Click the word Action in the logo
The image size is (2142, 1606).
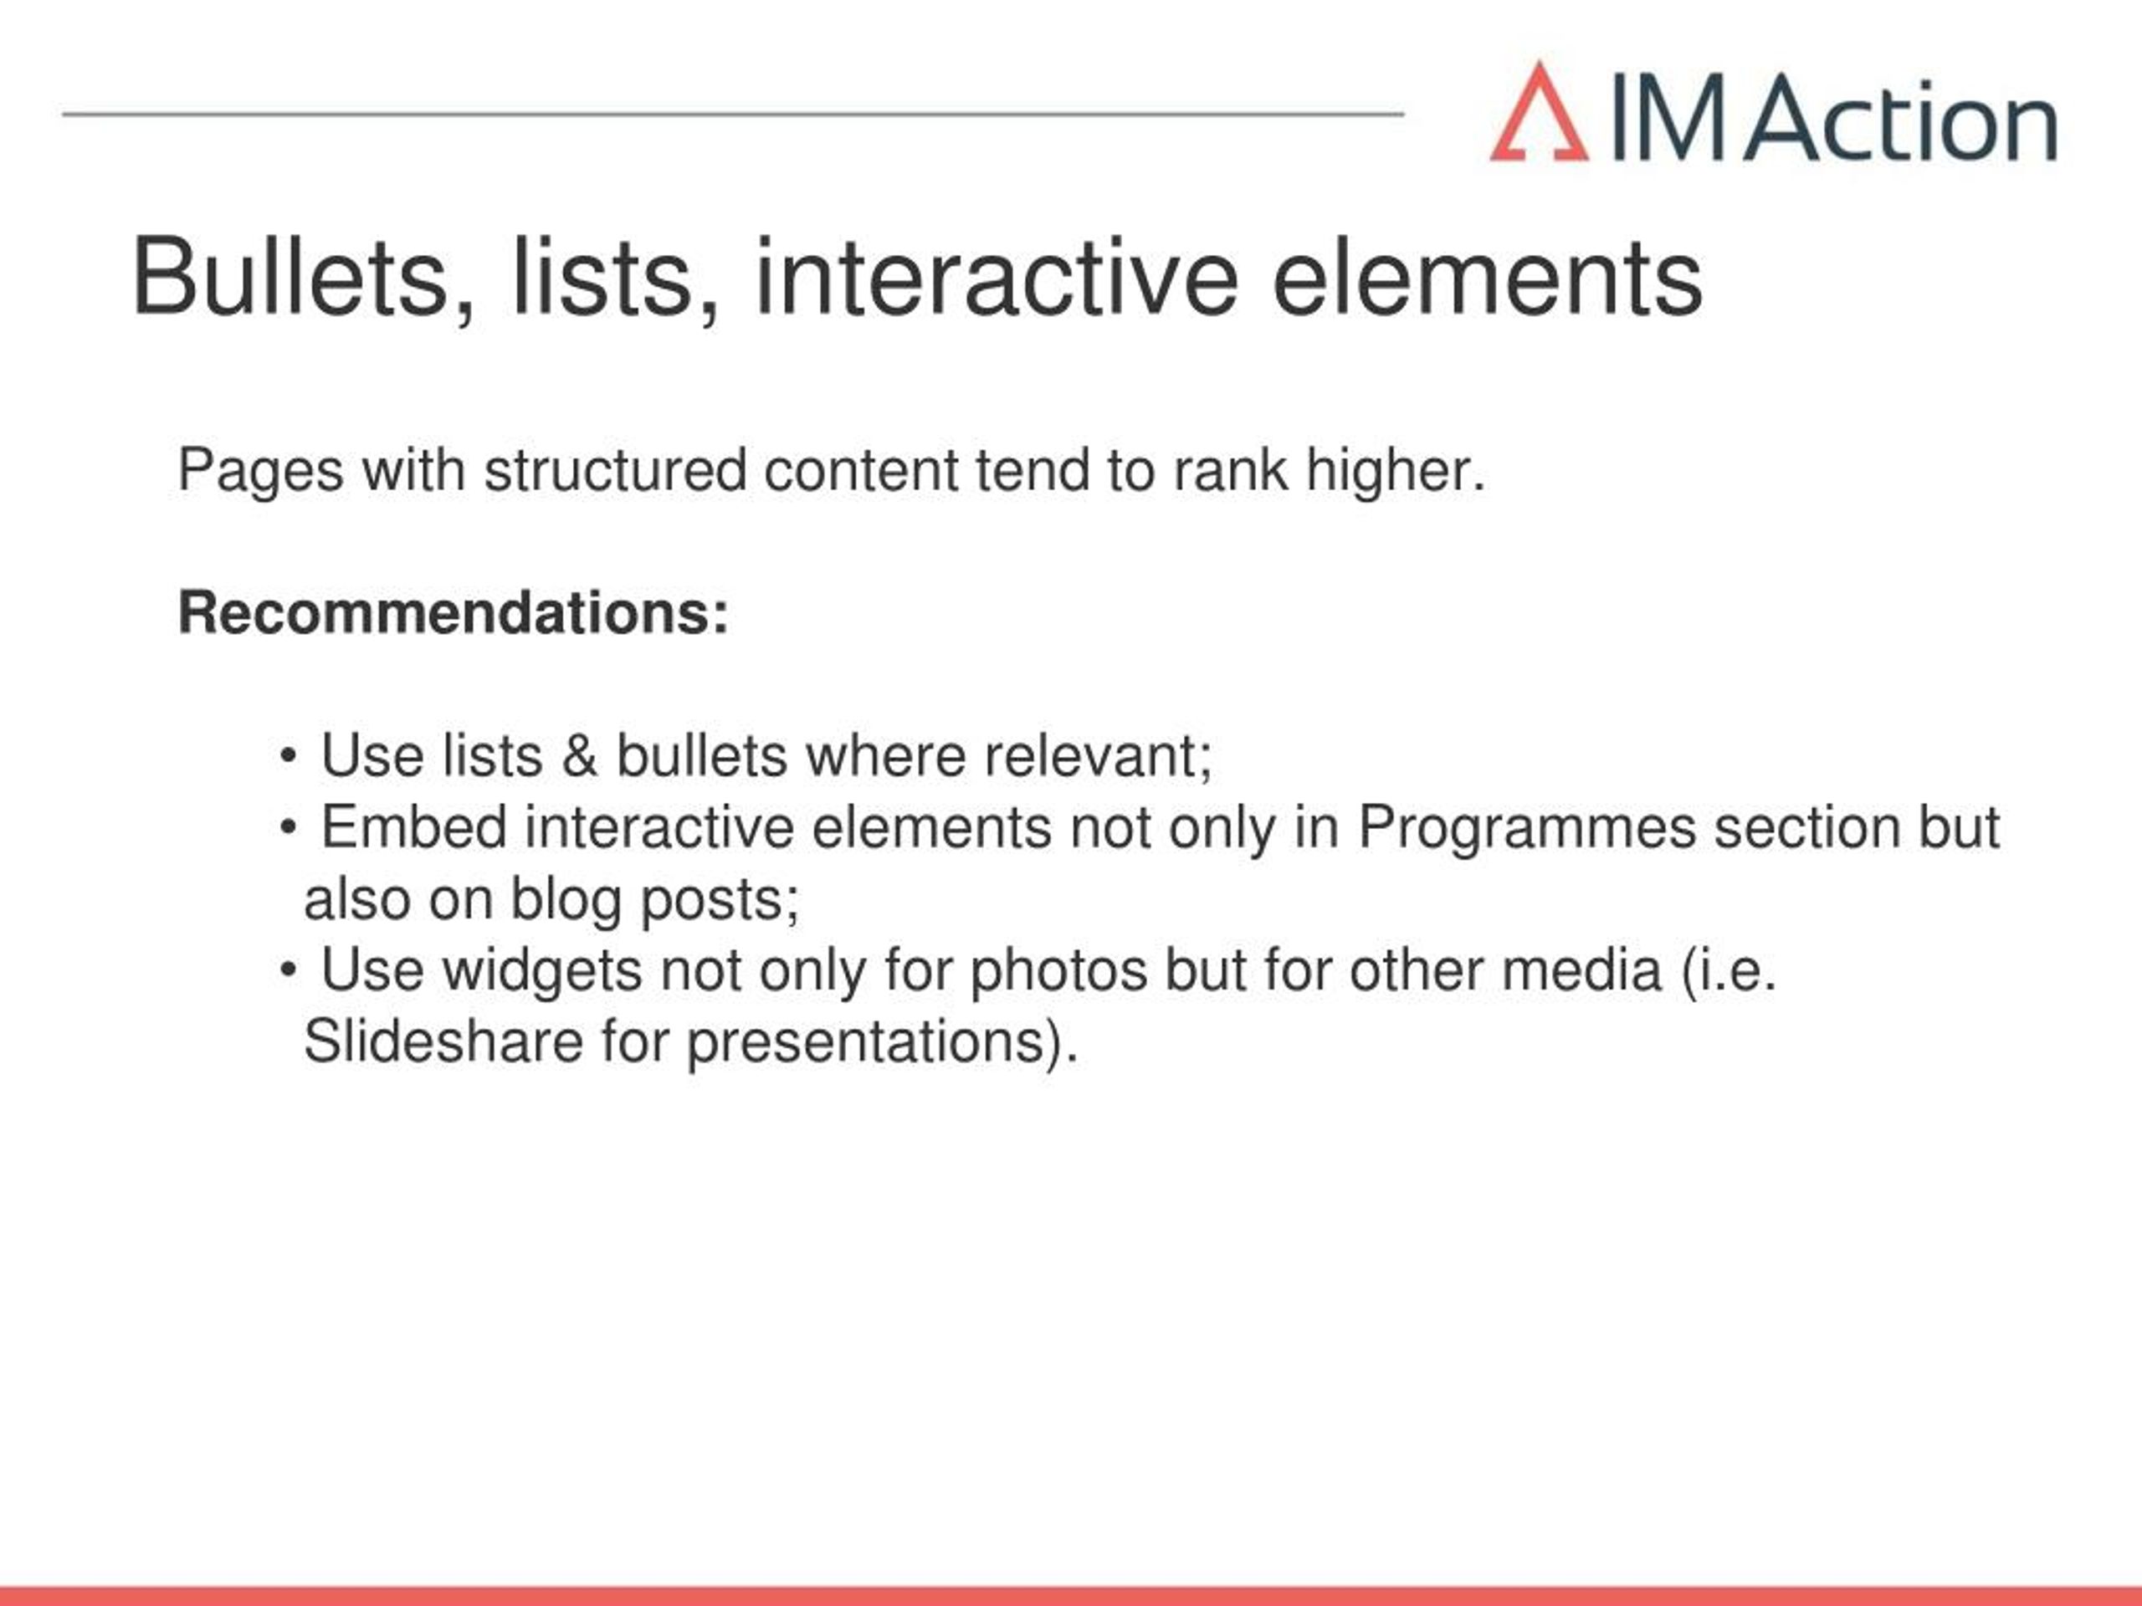pos(1901,120)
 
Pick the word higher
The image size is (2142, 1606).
pos(1396,472)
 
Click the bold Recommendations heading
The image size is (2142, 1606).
pos(454,613)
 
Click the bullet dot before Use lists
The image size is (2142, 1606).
pos(288,756)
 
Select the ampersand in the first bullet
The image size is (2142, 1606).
pos(579,756)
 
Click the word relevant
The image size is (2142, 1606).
pos(1098,756)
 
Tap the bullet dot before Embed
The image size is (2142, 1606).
pos(288,828)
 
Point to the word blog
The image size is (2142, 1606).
pos(566,900)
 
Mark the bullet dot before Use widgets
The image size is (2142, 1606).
pos(288,970)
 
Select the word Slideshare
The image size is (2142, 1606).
pos(443,1041)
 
